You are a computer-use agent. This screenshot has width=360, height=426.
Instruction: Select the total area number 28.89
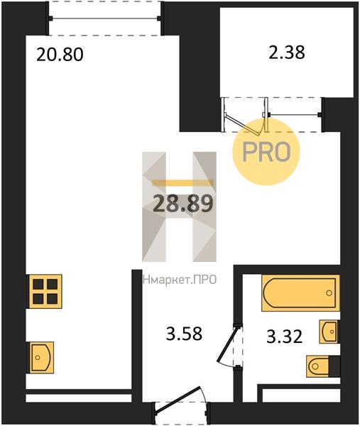(183, 204)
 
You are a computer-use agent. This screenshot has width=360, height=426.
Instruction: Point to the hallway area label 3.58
(179, 333)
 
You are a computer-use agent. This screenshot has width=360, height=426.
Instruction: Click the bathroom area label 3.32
(284, 337)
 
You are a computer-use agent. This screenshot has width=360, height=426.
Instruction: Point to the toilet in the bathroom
(323, 366)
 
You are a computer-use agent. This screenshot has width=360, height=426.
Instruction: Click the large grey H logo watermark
(179, 206)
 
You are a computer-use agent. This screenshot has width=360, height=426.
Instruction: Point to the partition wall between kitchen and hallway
(136, 327)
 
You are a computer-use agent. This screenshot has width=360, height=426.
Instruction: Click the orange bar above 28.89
(183, 182)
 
